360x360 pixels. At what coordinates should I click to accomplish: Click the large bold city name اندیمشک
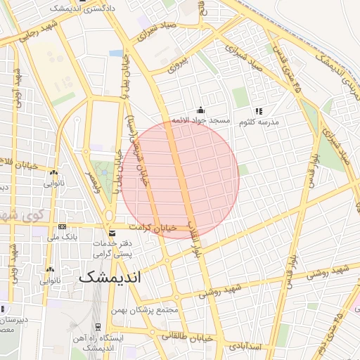110,276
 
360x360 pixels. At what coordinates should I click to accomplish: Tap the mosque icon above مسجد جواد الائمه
202,110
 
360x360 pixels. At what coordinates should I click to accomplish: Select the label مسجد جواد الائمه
202,121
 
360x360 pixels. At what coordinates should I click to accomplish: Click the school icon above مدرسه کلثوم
259,111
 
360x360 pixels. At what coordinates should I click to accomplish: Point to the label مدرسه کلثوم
259,122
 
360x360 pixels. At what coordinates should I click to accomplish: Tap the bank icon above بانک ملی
63,227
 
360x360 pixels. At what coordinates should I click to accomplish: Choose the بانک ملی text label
61,238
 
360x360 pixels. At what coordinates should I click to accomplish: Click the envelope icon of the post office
112,233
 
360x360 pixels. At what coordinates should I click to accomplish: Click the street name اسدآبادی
244,347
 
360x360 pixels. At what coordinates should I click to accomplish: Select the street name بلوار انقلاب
193,236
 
